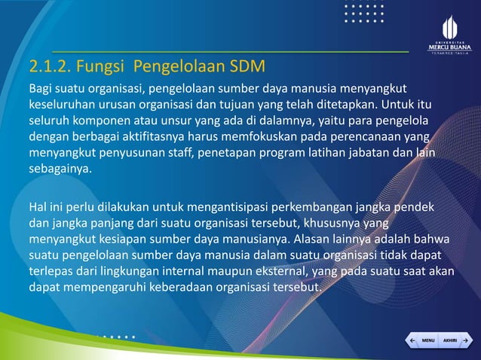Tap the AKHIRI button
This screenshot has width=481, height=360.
[450, 340]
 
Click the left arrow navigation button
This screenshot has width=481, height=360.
[412, 340]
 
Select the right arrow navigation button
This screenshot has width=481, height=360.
[467, 340]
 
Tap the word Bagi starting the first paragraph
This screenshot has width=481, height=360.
[41, 90]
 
